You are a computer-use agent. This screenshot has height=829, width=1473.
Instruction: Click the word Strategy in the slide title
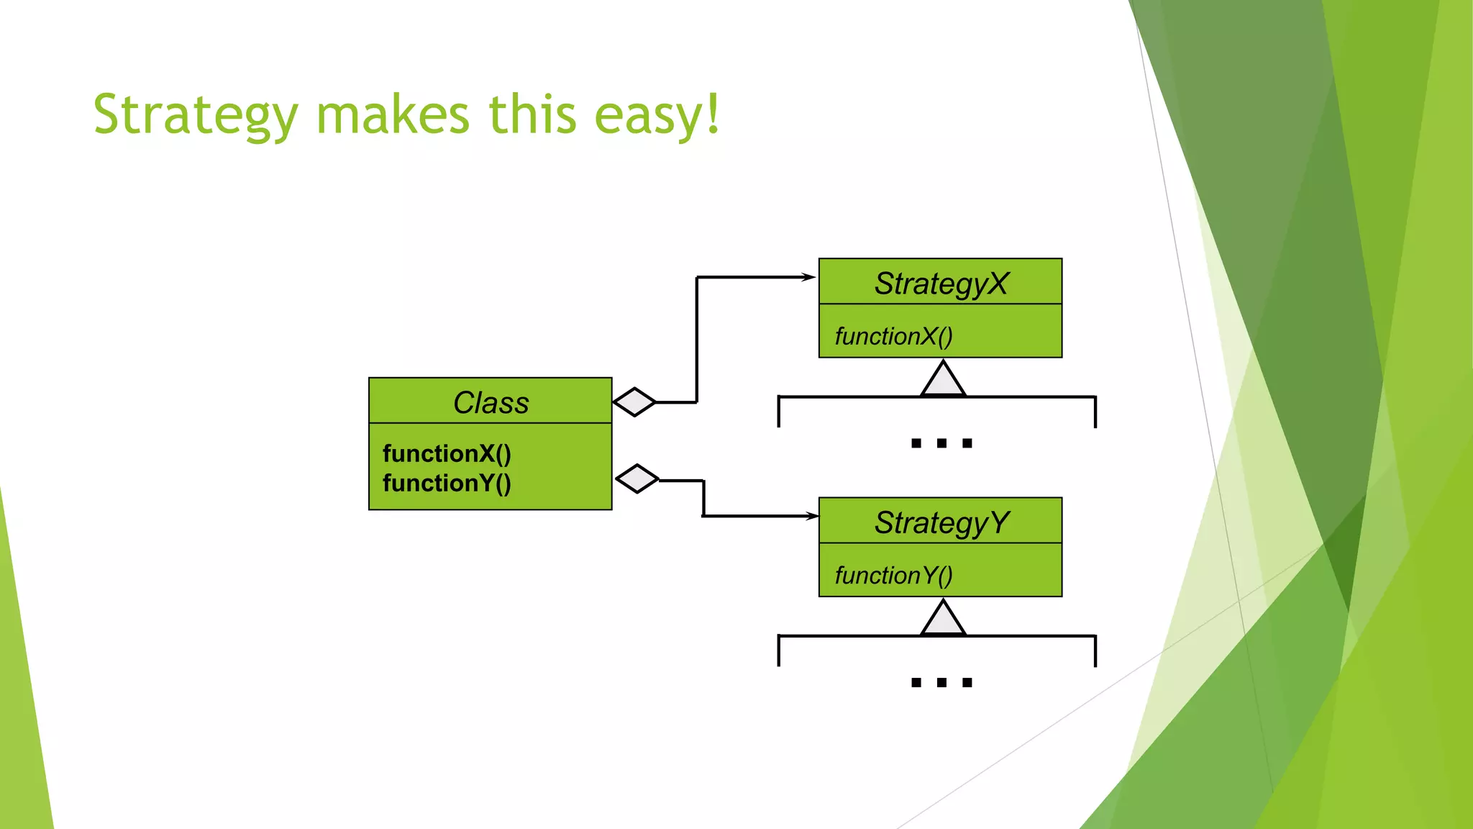click(x=195, y=115)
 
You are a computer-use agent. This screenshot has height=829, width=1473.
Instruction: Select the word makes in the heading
click(x=393, y=115)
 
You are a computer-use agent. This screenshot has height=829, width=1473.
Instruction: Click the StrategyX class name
click(x=941, y=284)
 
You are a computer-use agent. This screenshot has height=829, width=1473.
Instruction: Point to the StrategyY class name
click(x=941, y=522)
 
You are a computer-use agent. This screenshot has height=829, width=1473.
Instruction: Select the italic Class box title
click(x=491, y=402)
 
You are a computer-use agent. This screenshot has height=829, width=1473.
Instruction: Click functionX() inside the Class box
click(x=447, y=453)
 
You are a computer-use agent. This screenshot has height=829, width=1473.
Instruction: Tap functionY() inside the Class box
click(x=447, y=483)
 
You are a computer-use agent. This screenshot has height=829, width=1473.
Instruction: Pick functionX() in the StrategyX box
click(x=893, y=336)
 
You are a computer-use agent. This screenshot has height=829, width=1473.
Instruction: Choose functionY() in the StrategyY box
click(x=893, y=575)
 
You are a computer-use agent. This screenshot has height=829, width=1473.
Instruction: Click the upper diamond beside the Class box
click(x=634, y=402)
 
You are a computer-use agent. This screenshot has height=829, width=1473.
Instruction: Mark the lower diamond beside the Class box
click(x=637, y=479)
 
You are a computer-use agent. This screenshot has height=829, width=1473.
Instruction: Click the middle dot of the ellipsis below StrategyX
click(x=941, y=443)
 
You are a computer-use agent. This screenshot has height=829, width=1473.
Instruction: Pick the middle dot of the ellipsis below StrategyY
click(x=941, y=682)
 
